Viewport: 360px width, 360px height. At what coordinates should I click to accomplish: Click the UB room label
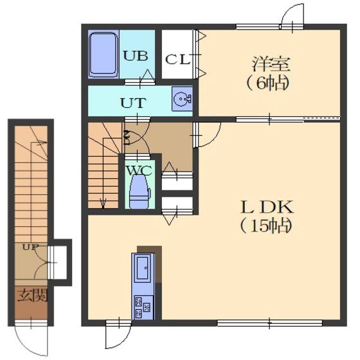135,56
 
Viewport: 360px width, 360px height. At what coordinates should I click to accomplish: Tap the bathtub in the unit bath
103,55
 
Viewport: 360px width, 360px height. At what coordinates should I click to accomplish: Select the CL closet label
178,59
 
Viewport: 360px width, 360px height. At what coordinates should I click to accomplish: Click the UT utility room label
133,103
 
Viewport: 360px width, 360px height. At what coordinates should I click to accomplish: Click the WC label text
139,170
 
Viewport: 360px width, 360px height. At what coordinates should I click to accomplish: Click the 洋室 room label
271,64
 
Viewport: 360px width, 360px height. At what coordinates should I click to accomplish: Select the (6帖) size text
267,84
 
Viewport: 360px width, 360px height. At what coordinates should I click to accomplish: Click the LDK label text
267,207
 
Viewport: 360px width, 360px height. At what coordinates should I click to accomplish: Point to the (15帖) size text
266,226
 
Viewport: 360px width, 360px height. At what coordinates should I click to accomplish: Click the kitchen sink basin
142,267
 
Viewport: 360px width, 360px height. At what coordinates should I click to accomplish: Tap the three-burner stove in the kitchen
142,307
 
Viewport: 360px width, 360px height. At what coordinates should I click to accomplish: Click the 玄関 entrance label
33,295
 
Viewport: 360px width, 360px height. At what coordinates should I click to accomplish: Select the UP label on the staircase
30,248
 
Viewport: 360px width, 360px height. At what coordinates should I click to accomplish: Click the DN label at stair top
127,138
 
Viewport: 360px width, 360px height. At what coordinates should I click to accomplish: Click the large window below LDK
270,323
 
